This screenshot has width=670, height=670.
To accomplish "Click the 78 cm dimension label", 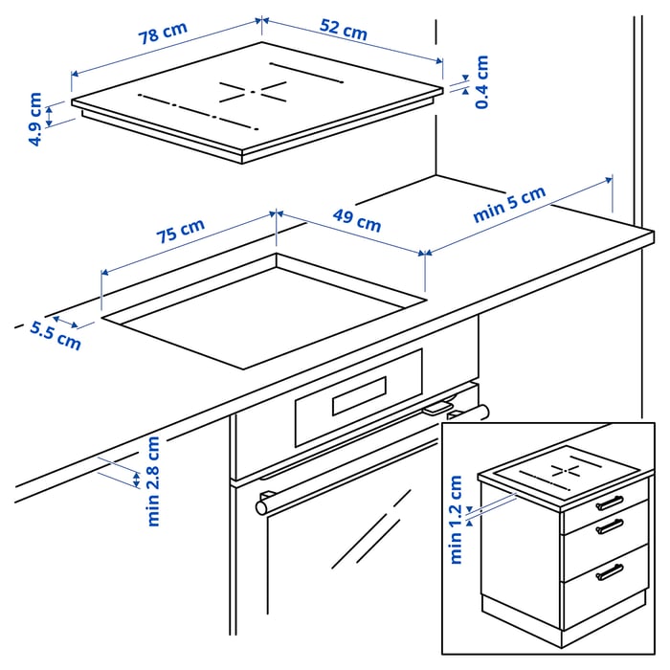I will pyautogui.click(x=163, y=35).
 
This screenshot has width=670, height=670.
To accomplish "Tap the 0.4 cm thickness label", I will pyautogui.click(x=481, y=81).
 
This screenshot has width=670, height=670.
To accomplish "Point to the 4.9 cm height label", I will pyautogui.click(x=35, y=119).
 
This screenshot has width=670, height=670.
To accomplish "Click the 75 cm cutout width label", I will pyautogui.click(x=180, y=234).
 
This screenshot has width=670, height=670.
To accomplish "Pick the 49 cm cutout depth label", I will pyautogui.click(x=356, y=221).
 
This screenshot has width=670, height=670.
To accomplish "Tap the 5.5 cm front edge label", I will pyautogui.click(x=55, y=335).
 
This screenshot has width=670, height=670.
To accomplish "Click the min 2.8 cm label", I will pyautogui.click(x=153, y=480).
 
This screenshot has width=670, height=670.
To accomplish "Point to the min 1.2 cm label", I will pyautogui.click(x=456, y=520).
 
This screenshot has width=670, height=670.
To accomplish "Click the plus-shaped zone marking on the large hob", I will pyautogui.click(x=255, y=92).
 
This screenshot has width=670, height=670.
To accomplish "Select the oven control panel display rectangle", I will pyautogui.click(x=359, y=396).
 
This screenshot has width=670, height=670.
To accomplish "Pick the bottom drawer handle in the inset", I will pyautogui.click(x=609, y=571).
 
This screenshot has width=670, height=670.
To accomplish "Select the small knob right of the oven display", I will pyautogui.click(x=436, y=408).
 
